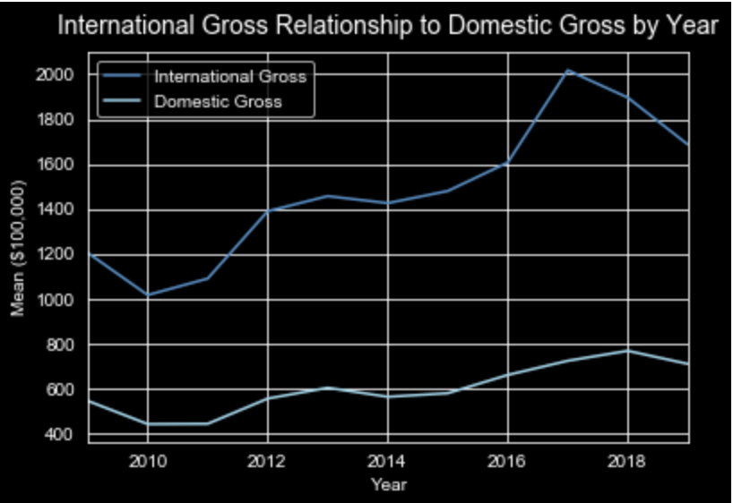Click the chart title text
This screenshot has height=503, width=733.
click(x=387, y=27)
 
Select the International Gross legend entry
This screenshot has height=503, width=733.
click(x=229, y=76)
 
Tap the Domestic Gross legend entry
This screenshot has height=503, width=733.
click(x=218, y=101)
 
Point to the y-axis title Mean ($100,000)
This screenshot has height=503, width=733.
click(x=18, y=248)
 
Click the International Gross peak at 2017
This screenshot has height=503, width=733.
click(x=568, y=70)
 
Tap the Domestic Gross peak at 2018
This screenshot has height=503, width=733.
click(x=628, y=350)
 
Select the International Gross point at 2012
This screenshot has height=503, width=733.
click(x=267, y=210)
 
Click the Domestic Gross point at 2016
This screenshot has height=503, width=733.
click(x=508, y=375)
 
